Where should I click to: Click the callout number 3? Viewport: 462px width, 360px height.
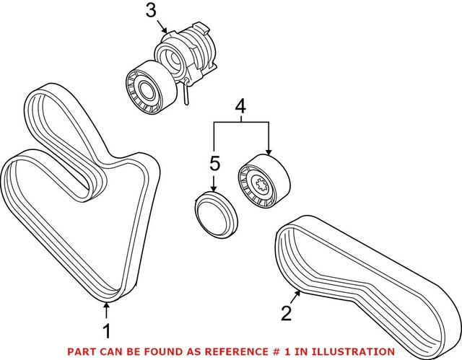pos(150,11)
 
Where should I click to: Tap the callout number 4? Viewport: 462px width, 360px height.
pos(240,109)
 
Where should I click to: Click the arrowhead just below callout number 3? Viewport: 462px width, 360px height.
pos(166,31)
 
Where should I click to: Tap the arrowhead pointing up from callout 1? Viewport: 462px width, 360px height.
pos(106,307)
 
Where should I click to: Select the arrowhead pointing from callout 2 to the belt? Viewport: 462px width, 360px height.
pos(298,291)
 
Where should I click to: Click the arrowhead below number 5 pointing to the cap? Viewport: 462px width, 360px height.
pos(214,190)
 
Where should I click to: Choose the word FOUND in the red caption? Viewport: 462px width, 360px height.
pos(166,351)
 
